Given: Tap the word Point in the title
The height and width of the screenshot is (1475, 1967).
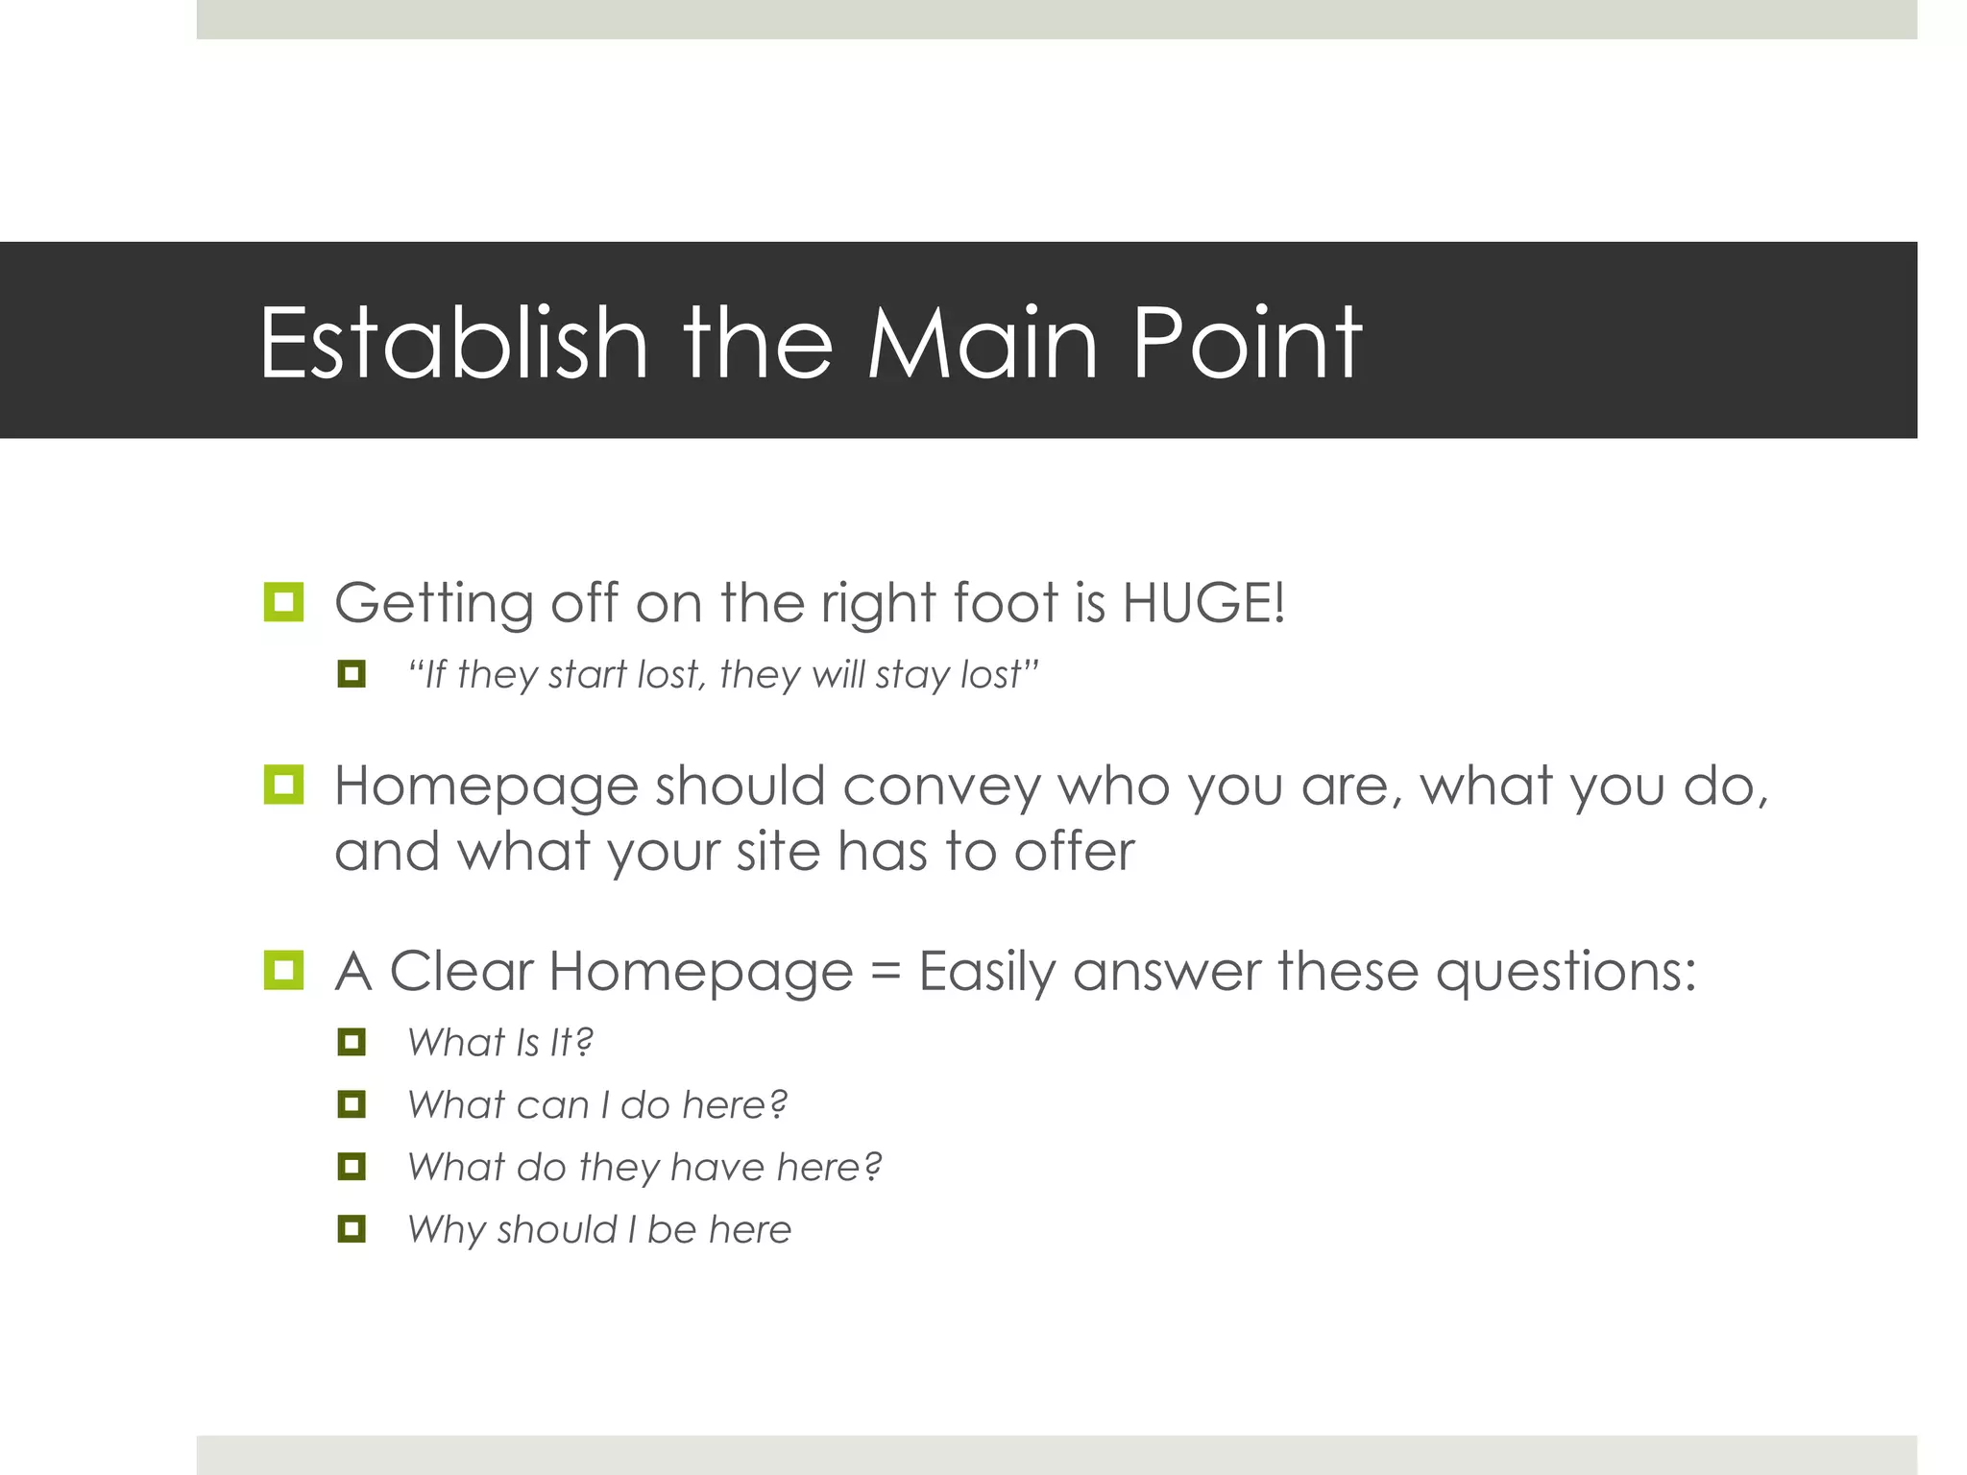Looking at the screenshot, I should coord(1247,343).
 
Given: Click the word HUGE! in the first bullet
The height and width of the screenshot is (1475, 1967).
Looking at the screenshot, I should coord(1202,604).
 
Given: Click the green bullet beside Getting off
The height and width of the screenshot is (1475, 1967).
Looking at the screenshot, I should coord(283,602).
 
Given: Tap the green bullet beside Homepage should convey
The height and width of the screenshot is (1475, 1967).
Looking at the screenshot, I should coord(283,785).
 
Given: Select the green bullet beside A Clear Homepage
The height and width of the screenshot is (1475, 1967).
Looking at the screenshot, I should coord(283,970).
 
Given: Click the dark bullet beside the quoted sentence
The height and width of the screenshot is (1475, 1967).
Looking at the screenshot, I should coord(352,674).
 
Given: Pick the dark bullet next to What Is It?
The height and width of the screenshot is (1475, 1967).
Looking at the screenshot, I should coord(352,1042).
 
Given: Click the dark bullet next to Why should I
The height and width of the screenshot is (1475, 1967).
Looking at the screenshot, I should coord(352,1228).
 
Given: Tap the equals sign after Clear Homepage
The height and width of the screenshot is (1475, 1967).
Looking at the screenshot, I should coord(886,972).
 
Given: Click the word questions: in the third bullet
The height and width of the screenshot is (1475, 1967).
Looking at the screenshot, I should coord(1566,972).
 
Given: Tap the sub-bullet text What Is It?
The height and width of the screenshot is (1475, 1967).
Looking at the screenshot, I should coord(499,1043).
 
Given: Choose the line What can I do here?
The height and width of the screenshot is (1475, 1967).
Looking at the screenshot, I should coord(596,1105).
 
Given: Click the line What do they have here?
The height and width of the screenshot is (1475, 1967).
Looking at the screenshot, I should coord(644,1168).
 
